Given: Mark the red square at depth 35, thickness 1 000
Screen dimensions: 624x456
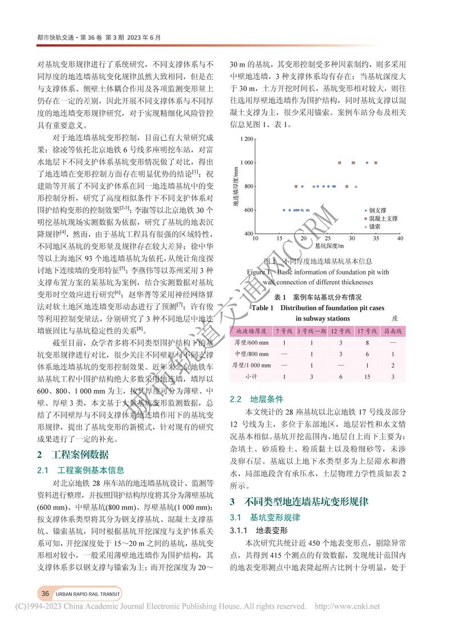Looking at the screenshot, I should click(x=376, y=163).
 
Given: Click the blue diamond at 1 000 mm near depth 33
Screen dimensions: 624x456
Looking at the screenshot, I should click(x=367, y=163).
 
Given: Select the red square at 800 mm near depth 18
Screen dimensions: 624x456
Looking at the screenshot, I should click(x=295, y=187).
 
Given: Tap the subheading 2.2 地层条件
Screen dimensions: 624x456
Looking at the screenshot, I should click(x=256, y=399).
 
